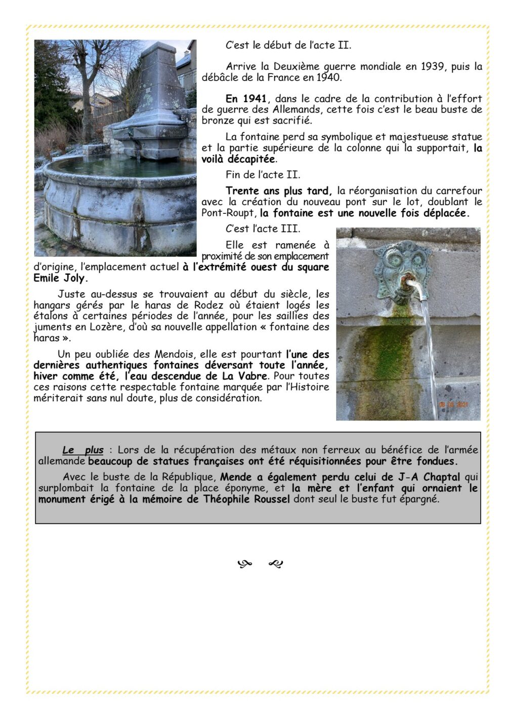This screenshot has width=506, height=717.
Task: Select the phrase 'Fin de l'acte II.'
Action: [263, 175]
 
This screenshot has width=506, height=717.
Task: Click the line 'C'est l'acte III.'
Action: [263, 229]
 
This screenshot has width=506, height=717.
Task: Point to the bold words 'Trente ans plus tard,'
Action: [279, 191]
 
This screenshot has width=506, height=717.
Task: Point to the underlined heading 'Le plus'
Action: [83, 450]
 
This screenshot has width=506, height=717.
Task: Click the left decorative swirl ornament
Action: [245, 563]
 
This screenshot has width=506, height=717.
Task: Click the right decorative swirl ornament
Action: [276, 563]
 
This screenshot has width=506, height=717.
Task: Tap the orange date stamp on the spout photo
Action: [453, 405]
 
